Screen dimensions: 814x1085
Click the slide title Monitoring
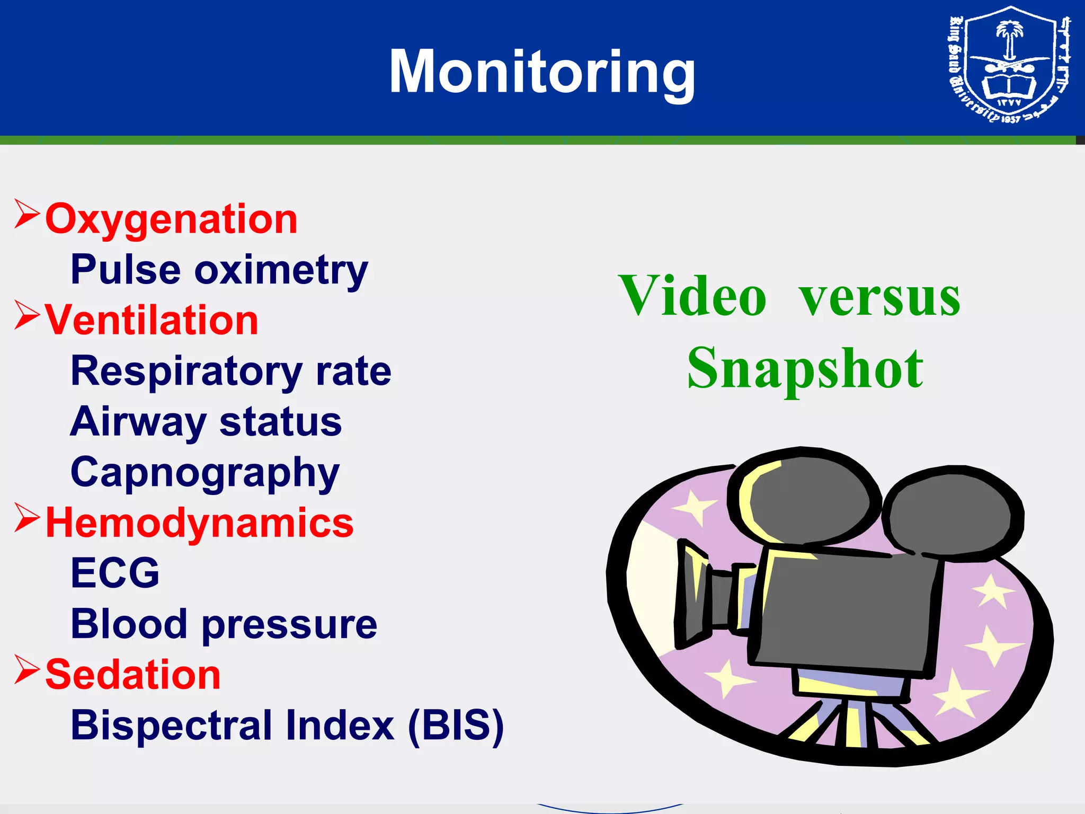click(x=542, y=72)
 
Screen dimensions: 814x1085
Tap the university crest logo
click(x=1009, y=66)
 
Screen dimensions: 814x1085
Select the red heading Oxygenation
click(x=171, y=219)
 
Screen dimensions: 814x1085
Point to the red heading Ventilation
click(x=152, y=320)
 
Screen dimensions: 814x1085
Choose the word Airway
click(x=138, y=422)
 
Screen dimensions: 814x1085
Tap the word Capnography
click(x=204, y=473)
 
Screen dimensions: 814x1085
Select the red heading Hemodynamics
click(x=199, y=523)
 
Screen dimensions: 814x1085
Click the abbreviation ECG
click(x=115, y=573)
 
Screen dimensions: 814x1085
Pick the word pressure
click(x=289, y=624)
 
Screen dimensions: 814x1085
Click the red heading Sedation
click(x=133, y=675)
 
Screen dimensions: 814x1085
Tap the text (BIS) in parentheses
click(x=456, y=725)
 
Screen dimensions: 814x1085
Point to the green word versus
click(x=879, y=297)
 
